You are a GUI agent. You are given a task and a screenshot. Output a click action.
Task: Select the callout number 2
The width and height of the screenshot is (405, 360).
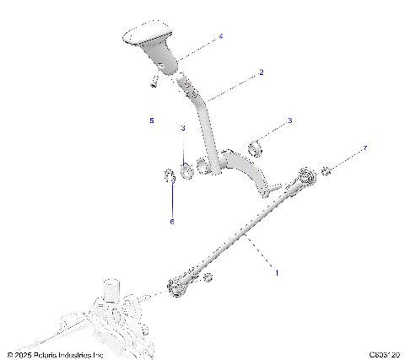tap(261, 73)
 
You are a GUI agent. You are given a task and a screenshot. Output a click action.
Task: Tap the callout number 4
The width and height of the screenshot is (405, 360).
tap(221, 37)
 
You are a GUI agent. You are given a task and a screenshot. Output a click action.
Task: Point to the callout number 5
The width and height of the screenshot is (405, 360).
tap(152, 121)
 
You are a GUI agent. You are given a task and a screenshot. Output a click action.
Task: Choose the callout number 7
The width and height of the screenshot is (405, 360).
tap(365, 149)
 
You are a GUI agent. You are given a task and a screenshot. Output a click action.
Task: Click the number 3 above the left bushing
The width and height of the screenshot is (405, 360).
tap(182, 129)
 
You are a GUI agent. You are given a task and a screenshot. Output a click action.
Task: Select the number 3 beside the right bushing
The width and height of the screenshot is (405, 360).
tap(289, 121)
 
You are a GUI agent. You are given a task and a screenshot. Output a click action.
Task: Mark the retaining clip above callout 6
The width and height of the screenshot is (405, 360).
tap(169, 176)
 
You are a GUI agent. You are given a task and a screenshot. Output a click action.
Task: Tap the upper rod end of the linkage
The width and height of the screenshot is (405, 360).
tap(305, 177)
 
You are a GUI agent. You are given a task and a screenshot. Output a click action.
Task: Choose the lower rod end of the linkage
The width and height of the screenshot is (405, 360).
tap(178, 287)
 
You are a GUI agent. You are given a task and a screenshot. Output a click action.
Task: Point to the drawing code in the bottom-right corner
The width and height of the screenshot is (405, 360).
tap(384, 355)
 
